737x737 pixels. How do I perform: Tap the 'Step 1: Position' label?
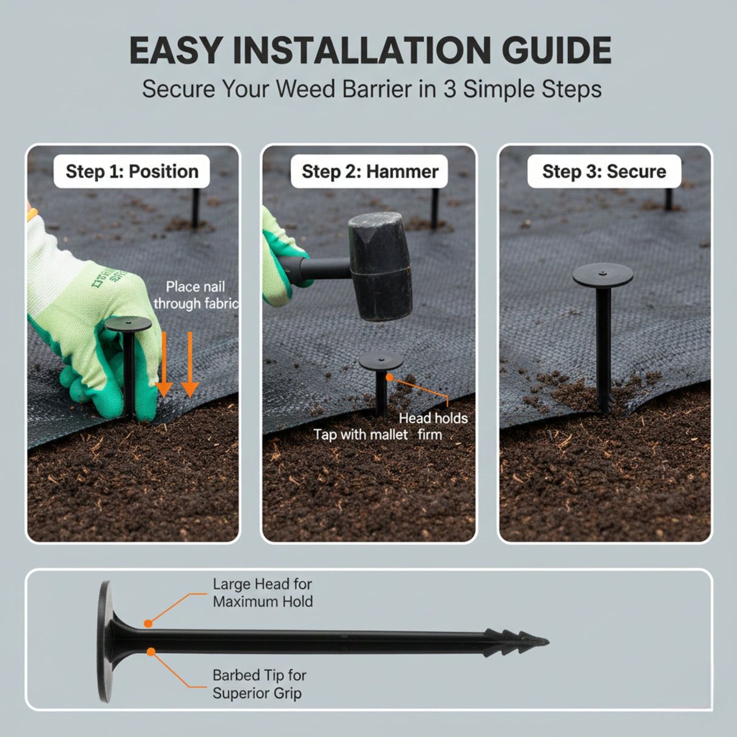click(132, 171)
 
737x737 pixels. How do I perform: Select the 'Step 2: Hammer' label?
click(370, 171)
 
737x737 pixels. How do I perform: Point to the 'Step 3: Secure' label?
click(604, 171)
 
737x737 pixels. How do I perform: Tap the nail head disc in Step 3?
click(602, 276)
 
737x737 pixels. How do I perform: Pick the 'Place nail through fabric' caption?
click(195, 295)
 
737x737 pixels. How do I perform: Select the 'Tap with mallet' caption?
click(361, 435)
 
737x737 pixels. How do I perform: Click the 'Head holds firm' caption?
click(433, 426)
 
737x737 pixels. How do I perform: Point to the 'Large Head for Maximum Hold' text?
click(262, 593)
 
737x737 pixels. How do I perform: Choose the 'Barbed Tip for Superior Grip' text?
click(259, 684)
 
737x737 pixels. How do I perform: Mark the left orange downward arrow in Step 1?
click(164, 364)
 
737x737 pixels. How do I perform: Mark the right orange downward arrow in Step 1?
click(190, 364)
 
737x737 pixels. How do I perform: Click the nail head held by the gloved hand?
click(128, 323)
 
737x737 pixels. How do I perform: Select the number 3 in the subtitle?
click(449, 89)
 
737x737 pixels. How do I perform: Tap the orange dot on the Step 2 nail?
click(389, 378)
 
